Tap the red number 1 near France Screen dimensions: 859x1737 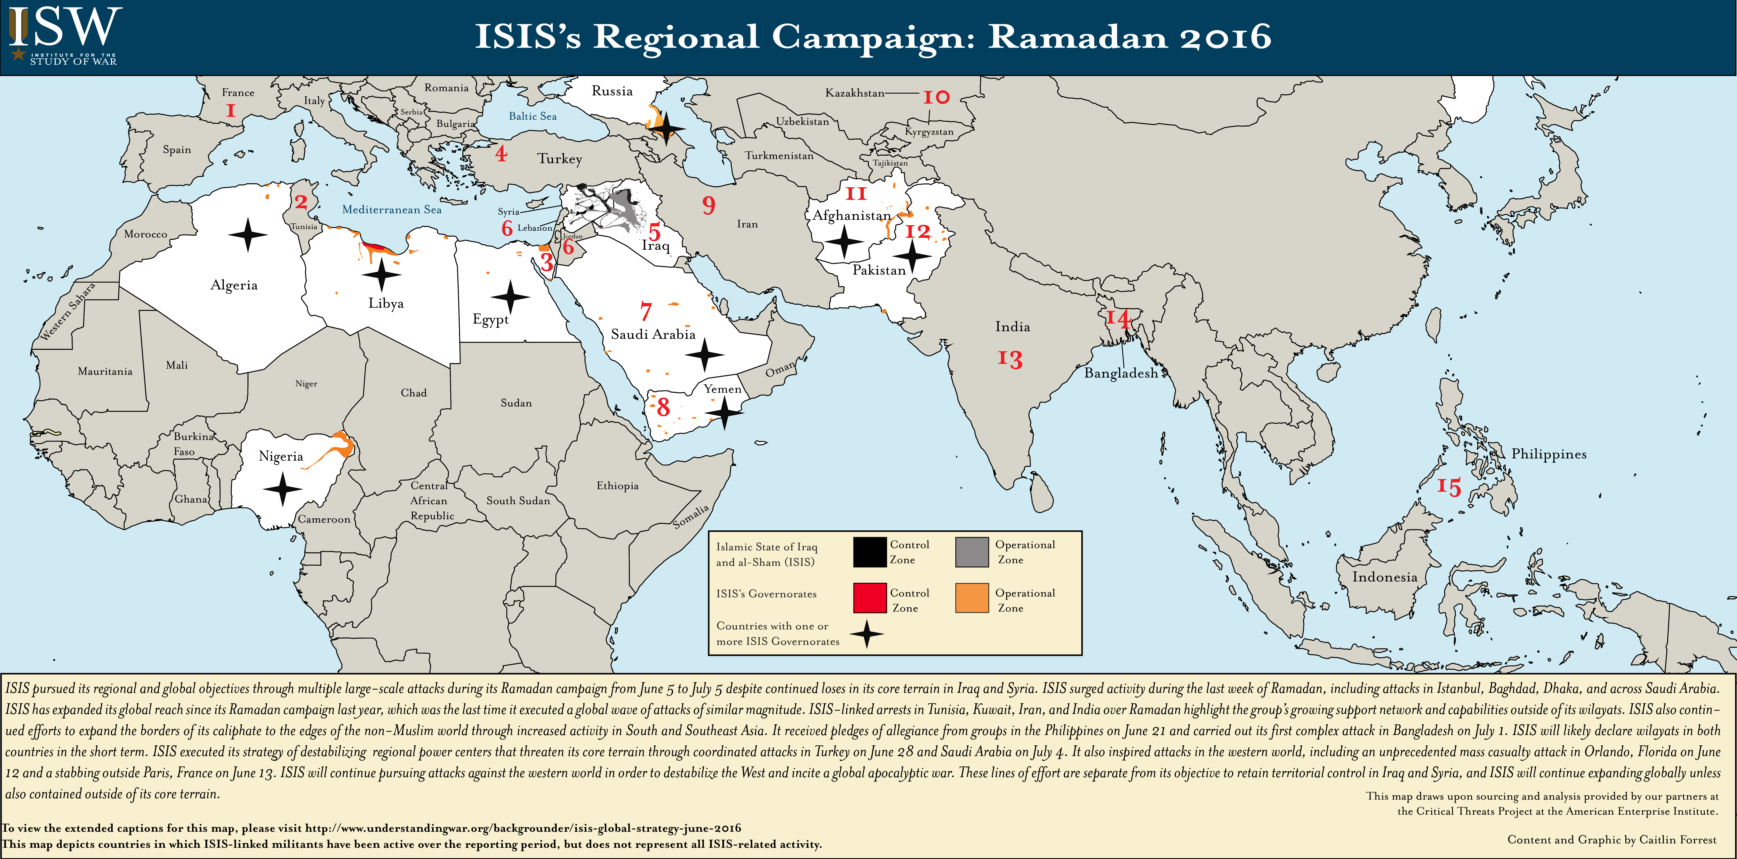[231, 111]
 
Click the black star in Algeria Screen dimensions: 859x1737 [247, 235]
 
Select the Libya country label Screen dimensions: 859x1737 [386, 303]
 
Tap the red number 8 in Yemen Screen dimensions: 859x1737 [664, 407]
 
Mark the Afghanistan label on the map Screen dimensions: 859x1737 [852, 215]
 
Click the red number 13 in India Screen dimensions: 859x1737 [1010, 359]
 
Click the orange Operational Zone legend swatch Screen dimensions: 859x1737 [972, 597]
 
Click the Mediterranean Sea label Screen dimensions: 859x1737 [392, 210]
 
